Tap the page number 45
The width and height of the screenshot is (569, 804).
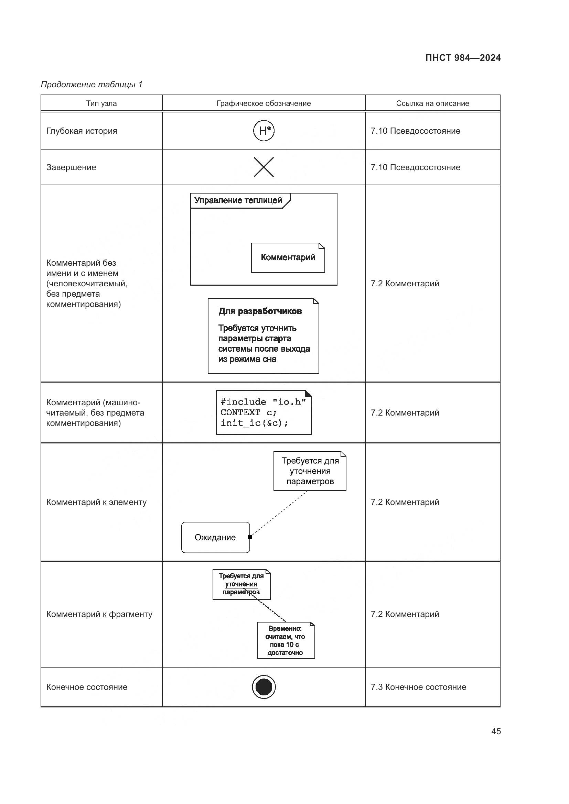496,731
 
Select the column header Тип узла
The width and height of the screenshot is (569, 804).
101,103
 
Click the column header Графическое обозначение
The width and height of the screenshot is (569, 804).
264,103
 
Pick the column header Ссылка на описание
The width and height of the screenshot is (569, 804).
432,103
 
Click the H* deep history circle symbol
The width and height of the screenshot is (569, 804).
264,131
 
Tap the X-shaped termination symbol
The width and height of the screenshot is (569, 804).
264,167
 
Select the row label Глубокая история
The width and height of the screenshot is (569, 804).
82,131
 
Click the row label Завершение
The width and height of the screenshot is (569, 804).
71,167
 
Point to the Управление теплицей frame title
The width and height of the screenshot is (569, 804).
238,200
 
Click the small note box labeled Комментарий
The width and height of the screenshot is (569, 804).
288,257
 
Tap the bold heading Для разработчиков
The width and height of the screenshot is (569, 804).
260,311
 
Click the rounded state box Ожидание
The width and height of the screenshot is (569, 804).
215,538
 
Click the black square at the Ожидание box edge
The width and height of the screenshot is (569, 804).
250,537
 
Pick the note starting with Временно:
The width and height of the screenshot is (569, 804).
286,640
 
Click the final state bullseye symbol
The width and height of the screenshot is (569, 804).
264,687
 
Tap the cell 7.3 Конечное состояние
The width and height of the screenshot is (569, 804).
418,687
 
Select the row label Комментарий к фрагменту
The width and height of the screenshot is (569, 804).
99,614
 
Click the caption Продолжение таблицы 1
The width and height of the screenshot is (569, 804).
92,85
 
